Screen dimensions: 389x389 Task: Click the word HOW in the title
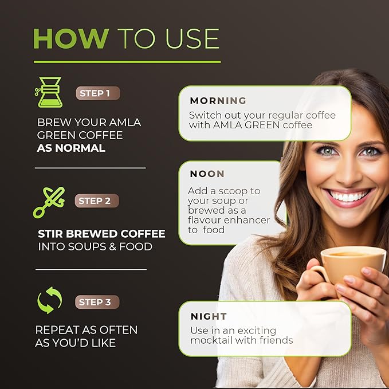71,39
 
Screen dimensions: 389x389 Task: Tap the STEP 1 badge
98,93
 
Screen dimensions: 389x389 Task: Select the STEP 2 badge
97,201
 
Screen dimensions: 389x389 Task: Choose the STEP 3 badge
97,302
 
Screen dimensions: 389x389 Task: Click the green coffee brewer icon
49,92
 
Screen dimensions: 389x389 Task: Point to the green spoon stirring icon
49,203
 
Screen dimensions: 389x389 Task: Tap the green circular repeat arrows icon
49,300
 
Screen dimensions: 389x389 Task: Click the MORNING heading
218,101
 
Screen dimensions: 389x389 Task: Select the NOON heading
207,174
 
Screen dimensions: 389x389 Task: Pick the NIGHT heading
209,316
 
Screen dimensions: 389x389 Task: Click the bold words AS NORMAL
71,148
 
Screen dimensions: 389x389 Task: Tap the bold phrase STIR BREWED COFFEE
101,234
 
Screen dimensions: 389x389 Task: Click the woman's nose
348,174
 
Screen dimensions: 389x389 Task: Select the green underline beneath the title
127,62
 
